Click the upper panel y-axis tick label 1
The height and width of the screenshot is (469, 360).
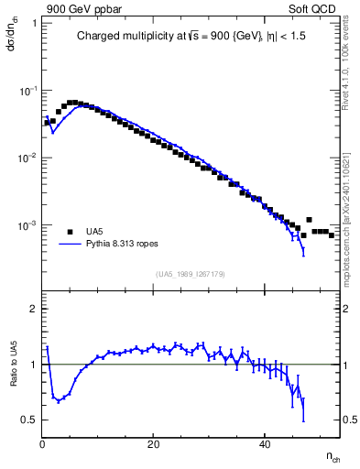[34, 22]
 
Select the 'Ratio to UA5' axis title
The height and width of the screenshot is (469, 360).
[15, 376]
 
